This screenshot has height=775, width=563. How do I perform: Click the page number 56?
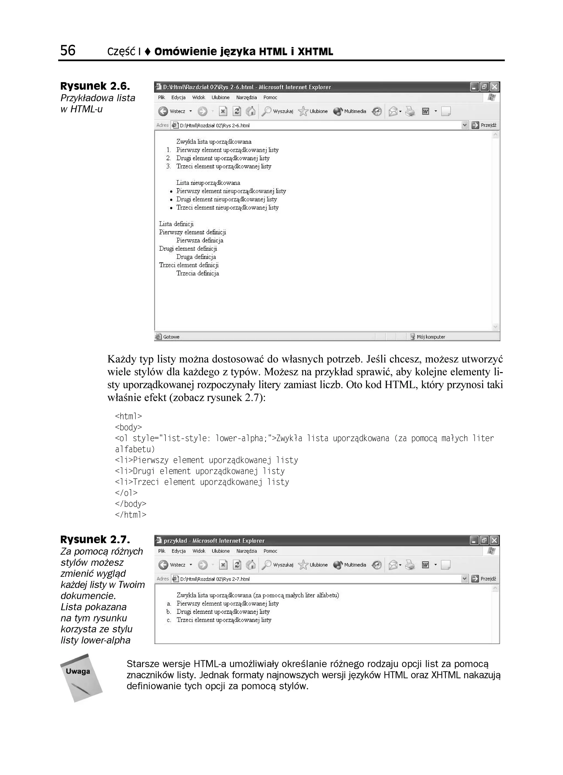(x=68, y=51)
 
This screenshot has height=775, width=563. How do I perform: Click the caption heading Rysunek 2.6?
(x=95, y=86)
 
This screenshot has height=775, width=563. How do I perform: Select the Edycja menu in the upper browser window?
(x=178, y=97)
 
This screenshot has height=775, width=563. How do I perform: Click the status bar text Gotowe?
(x=171, y=337)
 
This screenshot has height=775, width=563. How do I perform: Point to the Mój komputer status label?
(x=430, y=337)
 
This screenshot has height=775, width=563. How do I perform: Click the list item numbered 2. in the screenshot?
(x=223, y=158)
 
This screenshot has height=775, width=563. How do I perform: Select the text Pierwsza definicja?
(x=200, y=240)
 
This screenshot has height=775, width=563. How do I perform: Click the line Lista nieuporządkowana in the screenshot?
(x=208, y=183)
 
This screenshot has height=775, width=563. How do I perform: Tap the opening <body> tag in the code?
(x=128, y=427)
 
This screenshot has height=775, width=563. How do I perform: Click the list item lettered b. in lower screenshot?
(x=223, y=612)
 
